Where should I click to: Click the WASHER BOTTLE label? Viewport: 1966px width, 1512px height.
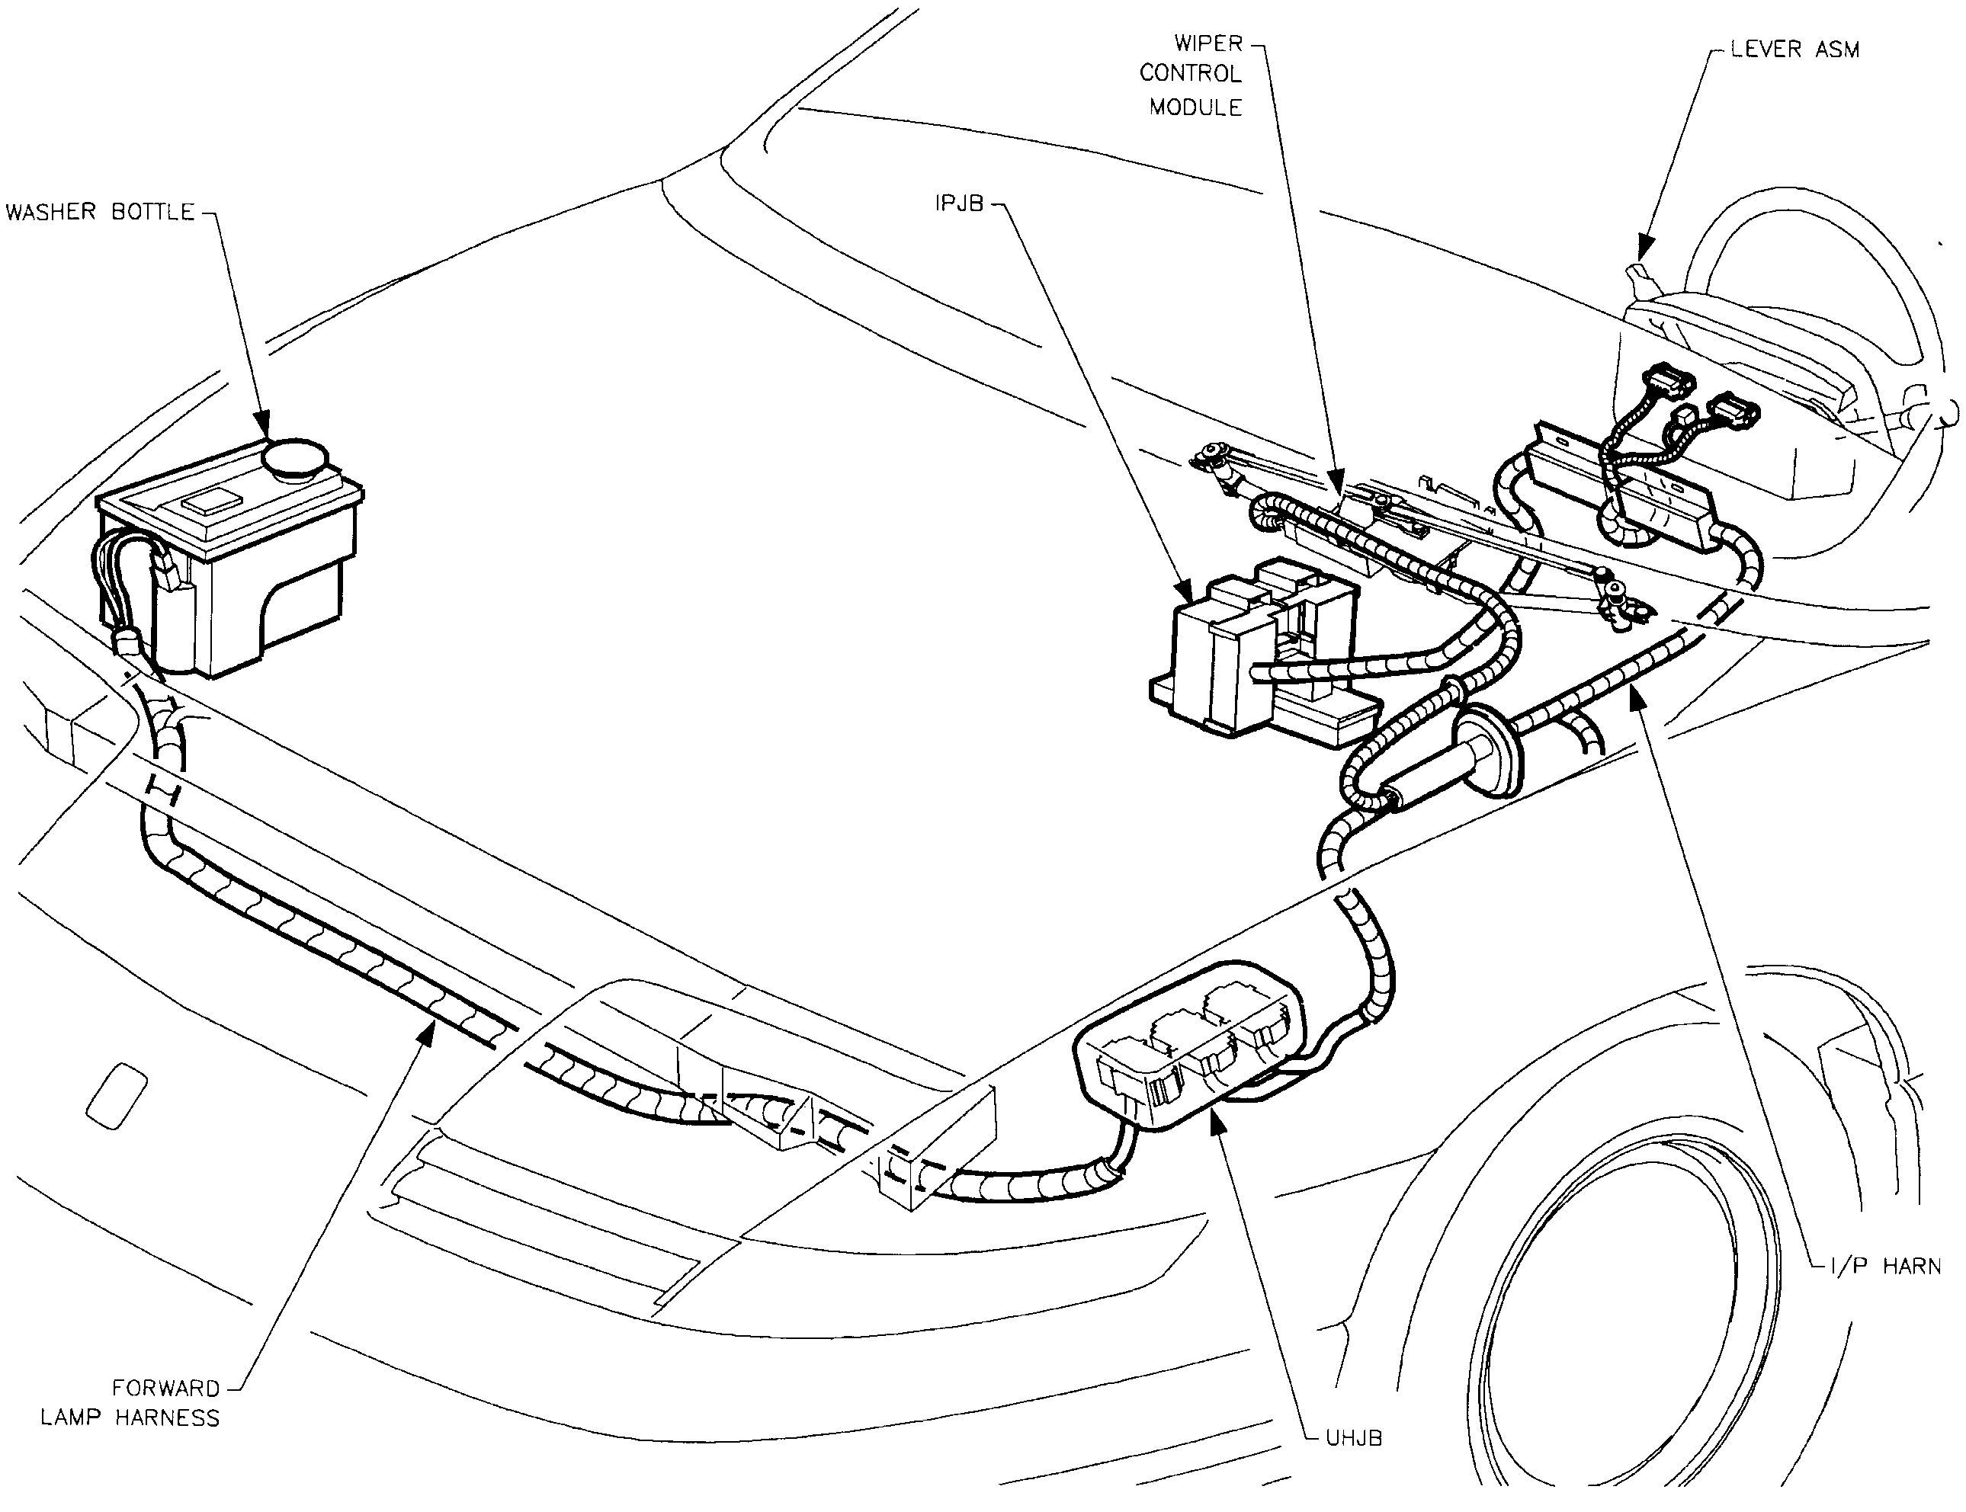[100, 213]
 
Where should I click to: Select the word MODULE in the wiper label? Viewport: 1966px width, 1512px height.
[1195, 107]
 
